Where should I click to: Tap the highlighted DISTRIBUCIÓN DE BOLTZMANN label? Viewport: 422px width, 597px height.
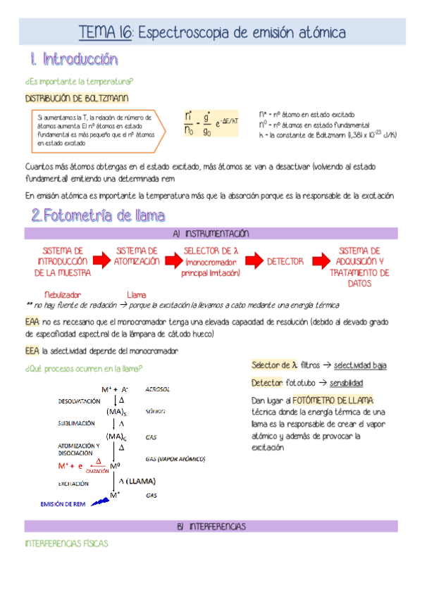(76, 98)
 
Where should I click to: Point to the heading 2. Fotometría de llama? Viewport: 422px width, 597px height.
(98, 215)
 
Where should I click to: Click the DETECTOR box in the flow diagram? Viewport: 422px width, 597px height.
(285, 261)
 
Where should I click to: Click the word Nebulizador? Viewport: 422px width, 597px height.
(63, 294)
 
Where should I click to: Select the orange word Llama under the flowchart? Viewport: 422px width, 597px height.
(136, 294)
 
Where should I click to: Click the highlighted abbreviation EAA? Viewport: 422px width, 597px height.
(32, 321)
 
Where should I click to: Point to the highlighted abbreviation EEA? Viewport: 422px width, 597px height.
(32, 350)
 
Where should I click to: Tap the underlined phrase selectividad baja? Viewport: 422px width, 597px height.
(360, 365)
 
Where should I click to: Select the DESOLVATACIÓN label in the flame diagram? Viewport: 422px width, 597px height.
(80, 401)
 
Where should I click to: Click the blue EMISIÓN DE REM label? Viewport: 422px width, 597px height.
(64, 504)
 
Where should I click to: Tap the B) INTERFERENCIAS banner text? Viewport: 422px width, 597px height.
(210, 526)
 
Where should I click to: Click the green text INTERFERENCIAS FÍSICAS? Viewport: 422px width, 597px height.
(66, 544)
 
